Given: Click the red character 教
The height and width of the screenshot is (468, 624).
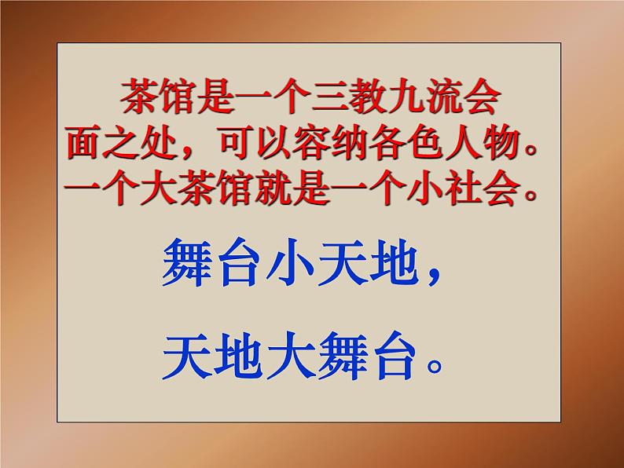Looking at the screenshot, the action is pos(368,97).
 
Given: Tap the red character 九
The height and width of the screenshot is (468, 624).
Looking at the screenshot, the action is pos(406,97).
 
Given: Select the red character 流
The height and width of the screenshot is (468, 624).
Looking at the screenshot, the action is pos(443,97).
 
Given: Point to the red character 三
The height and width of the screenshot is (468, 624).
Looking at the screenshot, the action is pos(330,97).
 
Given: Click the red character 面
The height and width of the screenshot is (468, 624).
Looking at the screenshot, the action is pos(84,142).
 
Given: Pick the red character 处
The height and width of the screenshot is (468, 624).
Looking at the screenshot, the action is pos(160,142).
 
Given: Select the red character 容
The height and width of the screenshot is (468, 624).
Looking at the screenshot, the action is pos(310,142).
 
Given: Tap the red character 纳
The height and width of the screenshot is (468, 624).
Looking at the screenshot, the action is pos(349,142).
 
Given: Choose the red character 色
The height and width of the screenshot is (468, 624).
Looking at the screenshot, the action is pos(424,142).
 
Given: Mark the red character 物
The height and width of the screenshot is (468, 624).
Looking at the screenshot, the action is pos(500,142).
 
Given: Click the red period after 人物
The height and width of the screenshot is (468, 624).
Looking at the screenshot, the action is pos(529,150).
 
